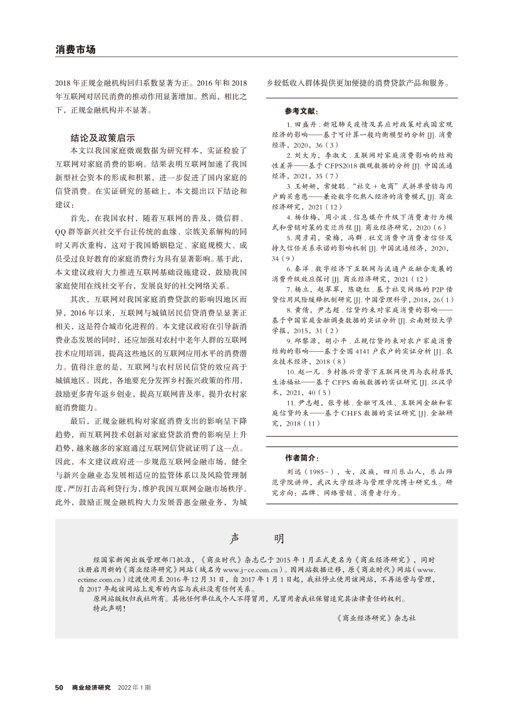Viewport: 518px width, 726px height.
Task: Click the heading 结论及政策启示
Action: [103, 138]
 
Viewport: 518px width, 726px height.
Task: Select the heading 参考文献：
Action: [301, 111]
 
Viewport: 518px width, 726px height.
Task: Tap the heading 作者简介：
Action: [301, 458]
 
